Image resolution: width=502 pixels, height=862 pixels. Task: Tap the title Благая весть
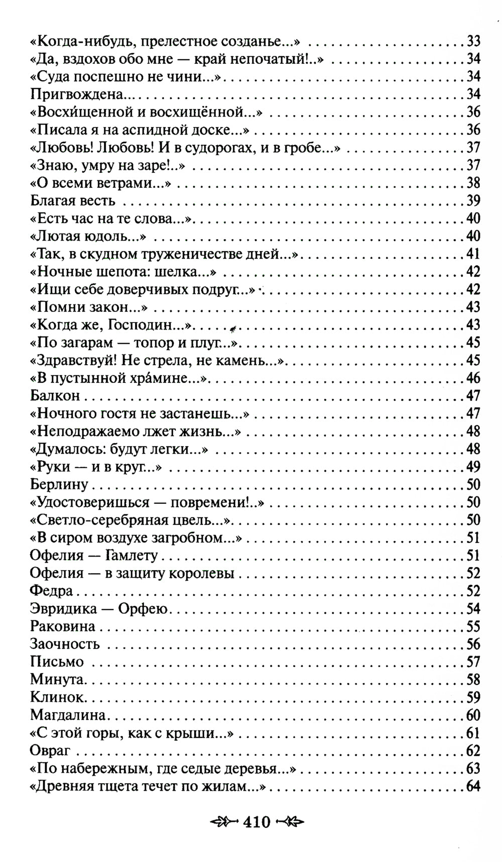click(73, 200)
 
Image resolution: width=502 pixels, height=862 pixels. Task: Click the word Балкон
click(55, 395)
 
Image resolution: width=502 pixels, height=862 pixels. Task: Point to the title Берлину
click(59, 484)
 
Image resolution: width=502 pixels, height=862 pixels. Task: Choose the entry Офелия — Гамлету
click(94, 555)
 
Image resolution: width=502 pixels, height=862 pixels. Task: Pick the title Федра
click(51, 591)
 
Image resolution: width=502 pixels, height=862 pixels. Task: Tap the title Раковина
click(63, 626)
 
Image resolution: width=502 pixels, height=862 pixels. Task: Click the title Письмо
click(57, 662)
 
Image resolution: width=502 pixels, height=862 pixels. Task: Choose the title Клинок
click(56, 697)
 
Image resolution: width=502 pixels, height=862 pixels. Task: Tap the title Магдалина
click(68, 715)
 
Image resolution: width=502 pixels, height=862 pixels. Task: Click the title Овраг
click(50, 751)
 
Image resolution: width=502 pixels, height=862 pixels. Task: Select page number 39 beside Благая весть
click(473, 200)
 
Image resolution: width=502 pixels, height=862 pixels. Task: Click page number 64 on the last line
click(473, 786)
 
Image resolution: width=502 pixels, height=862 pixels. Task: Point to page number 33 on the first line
click(473, 41)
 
